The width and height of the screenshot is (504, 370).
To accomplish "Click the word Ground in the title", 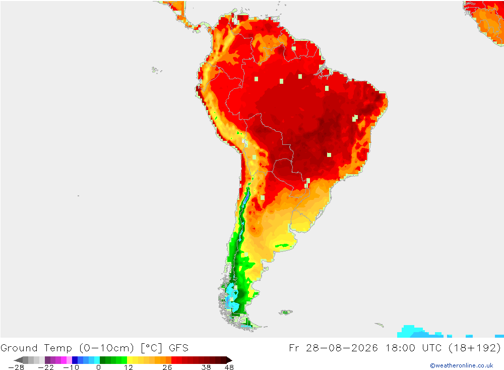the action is click(19, 348).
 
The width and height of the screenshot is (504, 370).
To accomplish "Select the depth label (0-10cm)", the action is click(106, 348).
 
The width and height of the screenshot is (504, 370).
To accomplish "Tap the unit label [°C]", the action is click(151, 348).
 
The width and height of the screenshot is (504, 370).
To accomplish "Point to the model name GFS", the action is click(179, 348).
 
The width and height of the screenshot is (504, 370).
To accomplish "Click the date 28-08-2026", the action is click(341, 348).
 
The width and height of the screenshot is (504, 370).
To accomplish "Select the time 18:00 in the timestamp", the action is click(401, 348).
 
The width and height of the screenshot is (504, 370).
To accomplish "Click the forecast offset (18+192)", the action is click(474, 348).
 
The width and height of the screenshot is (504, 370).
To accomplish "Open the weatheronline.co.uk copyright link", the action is click(462, 365).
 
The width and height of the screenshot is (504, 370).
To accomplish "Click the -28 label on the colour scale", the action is click(16, 367).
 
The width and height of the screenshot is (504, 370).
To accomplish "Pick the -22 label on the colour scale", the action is click(46, 367).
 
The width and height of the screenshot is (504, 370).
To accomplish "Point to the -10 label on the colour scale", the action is click(71, 367).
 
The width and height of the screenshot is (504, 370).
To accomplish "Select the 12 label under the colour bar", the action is click(129, 367).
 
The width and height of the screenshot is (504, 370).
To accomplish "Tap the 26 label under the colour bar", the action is click(167, 367).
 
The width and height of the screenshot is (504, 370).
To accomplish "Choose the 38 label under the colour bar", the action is click(206, 367).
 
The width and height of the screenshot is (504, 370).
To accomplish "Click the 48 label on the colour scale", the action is click(229, 367).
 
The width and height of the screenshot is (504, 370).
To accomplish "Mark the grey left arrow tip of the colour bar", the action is click(15, 360).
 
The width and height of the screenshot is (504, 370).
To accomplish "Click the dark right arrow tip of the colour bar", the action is click(231, 360).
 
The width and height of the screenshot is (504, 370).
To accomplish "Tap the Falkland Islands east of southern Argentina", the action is click(285, 312).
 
